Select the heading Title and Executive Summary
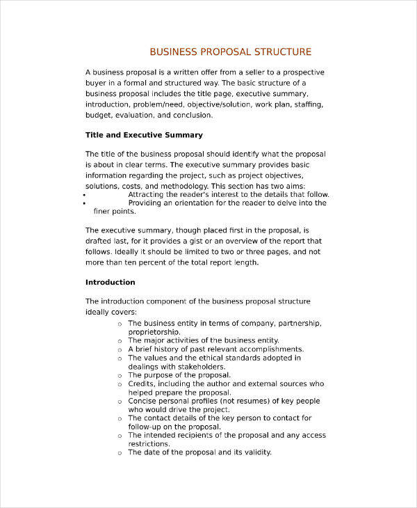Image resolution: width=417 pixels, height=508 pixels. pos(144,134)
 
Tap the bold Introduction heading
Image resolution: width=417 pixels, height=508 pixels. pos(110,283)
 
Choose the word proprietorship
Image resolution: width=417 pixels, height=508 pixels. pos(154,332)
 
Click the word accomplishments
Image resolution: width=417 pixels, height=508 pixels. pos(270,349)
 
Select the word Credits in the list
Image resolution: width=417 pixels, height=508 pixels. pos(142,383)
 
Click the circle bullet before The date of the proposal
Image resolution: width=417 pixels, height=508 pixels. pos(120,452)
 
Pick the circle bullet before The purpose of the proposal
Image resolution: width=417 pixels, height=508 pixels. pos(120,375)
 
